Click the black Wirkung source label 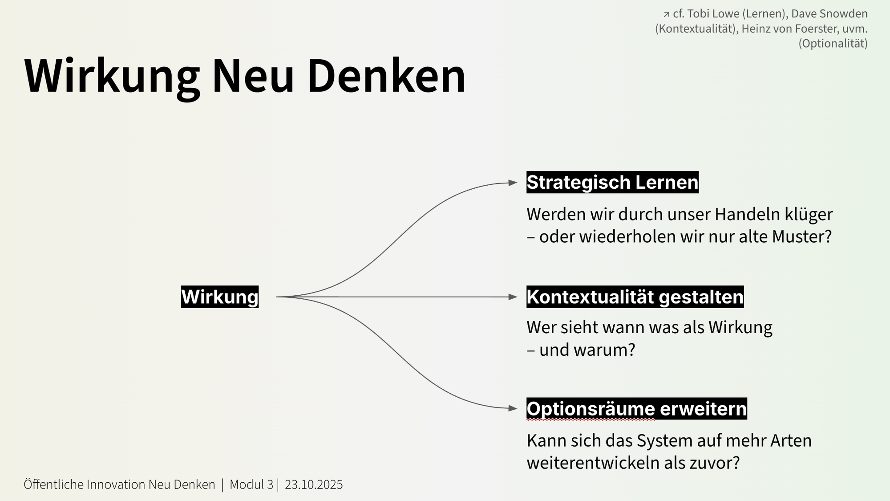pyautogui.click(x=219, y=297)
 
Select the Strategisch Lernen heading pyautogui.click(x=612, y=182)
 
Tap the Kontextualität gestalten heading pyautogui.click(x=635, y=297)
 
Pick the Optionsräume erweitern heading pyautogui.click(x=636, y=408)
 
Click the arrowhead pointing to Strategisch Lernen pyautogui.click(x=513, y=183)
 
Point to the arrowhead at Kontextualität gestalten pyautogui.click(x=513, y=297)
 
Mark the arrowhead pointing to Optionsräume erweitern pyautogui.click(x=513, y=408)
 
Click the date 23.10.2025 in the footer pyautogui.click(x=314, y=485)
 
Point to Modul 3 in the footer pyautogui.click(x=251, y=485)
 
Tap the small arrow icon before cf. pyautogui.click(x=666, y=15)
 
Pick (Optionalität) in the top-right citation pyautogui.click(x=833, y=44)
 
